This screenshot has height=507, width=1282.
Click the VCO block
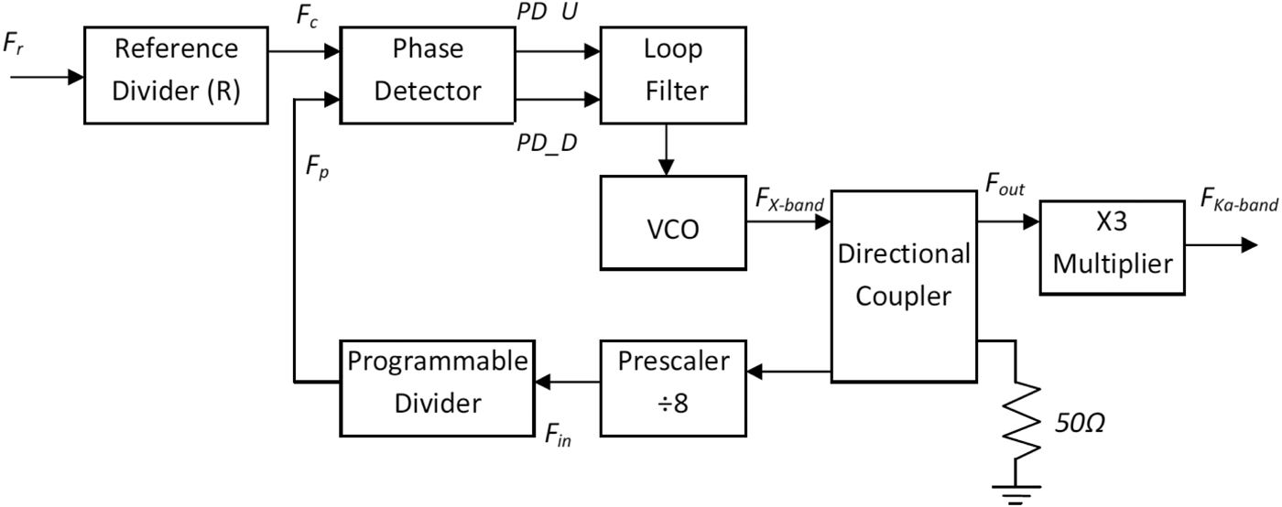click(673, 229)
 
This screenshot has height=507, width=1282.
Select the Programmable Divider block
click(438, 383)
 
